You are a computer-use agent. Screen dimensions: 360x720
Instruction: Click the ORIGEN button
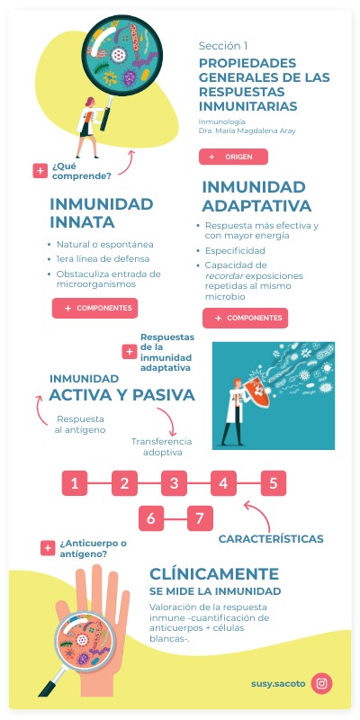pos(233,157)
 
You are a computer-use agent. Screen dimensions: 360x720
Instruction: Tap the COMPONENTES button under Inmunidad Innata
pos(94,309)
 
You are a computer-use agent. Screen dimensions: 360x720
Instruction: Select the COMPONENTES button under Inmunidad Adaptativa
pos(245,318)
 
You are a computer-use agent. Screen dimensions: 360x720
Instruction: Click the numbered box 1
pos(75,483)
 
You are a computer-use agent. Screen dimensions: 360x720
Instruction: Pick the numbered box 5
pos(273,483)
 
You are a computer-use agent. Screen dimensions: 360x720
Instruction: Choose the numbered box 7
pos(200,518)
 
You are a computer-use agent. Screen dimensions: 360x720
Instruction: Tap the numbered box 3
pos(174,483)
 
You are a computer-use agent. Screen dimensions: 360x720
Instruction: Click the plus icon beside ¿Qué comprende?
pos(40,170)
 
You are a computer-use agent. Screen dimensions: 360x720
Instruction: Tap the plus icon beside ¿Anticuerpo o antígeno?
pos(48,548)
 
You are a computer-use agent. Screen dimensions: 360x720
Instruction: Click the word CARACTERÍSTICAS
pos(271,538)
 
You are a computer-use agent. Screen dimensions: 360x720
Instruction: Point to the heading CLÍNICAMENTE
pos(213,573)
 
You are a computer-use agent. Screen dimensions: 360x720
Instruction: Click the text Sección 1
pos(223,45)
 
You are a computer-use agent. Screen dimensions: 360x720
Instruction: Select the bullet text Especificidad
pos(235,249)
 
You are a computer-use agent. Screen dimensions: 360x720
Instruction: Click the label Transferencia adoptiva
pos(162,446)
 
